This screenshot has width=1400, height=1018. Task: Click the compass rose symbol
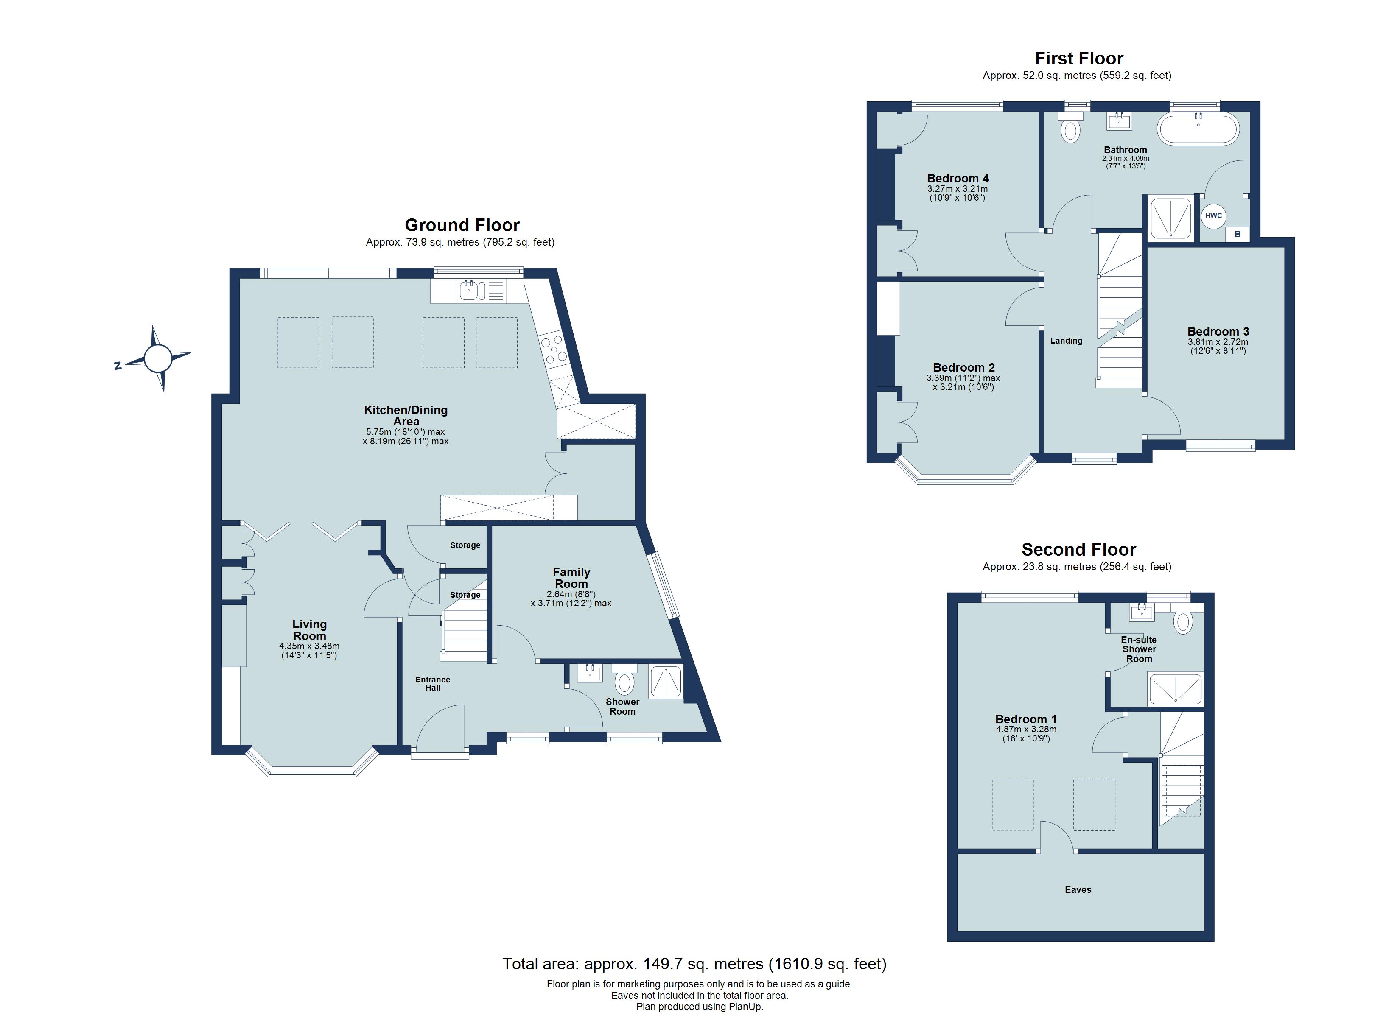pos(157,358)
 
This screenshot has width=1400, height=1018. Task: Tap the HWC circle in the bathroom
pos(1213,215)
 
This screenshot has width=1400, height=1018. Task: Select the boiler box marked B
pos(1237,234)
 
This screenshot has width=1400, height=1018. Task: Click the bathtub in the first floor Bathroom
pos(1198,129)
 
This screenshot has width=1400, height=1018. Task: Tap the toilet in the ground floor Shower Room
pos(624,682)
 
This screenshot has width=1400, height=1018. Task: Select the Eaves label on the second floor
pos(1078,889)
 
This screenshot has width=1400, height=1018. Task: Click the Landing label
pos(1066,341)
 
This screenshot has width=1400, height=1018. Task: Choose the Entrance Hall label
pos(433,683)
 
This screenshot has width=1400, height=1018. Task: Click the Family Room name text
pos(571,578)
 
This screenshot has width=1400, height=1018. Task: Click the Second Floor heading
pos(1078,549)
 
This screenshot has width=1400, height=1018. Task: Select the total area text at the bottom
pos(694,964)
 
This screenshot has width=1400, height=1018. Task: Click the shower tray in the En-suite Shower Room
pos(1175,689)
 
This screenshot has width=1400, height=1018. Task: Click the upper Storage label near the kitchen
pos(465,545)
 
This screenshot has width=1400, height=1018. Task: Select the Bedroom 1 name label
pos(1026,719)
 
